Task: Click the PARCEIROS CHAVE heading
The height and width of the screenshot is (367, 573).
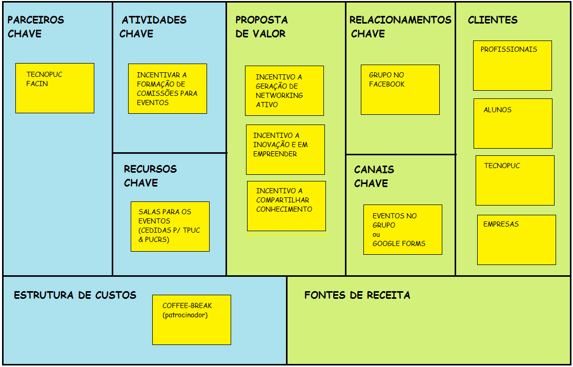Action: point(35,27)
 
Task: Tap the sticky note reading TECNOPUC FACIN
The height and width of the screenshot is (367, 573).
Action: point(55,88)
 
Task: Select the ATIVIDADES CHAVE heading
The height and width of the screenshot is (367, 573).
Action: point(153,27)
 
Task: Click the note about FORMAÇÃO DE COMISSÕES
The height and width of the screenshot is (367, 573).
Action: point(168,89)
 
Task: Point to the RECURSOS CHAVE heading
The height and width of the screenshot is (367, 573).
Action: point(150,176)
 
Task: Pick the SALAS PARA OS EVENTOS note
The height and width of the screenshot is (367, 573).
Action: point(170,227)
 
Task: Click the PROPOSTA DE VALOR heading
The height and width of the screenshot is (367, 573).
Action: point(261,27)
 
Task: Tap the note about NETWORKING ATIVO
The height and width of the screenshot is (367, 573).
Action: point(284,91)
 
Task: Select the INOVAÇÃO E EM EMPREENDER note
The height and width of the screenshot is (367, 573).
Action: point(285,150)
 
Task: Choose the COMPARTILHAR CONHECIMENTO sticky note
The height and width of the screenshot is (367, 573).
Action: point(286,206)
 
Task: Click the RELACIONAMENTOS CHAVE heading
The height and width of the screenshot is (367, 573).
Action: point(400,27)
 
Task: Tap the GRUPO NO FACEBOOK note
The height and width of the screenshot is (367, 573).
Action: point(400,90)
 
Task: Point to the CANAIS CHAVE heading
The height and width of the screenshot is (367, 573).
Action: point(374,176)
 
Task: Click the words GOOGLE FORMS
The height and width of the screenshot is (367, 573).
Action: point(399,243)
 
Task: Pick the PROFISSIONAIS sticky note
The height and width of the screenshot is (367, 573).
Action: point(513,66)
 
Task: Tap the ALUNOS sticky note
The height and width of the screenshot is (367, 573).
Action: point(513,124)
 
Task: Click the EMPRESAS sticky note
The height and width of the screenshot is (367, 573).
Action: point(517,240)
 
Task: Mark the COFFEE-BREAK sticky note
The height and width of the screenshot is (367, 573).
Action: point(192,320)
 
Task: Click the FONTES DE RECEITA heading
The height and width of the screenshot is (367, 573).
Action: point(357,295)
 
